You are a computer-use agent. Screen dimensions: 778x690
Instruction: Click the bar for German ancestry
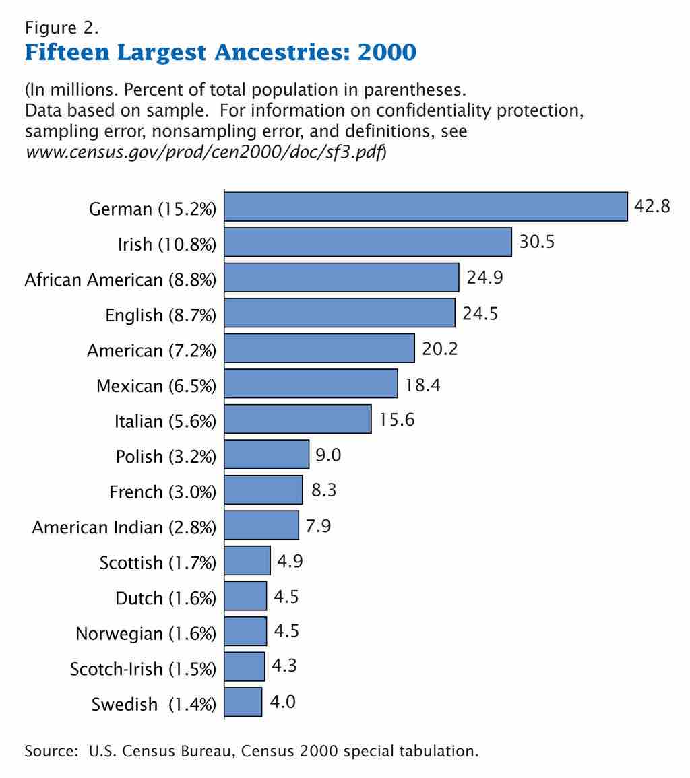tap(426, 206)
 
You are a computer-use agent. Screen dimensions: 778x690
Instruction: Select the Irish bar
tap(368, 242)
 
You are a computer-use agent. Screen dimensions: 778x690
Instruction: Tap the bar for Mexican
tap(311, 383)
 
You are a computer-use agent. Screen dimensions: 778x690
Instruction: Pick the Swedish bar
tap(243, 702)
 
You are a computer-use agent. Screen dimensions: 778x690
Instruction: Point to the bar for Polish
tap(267, 454)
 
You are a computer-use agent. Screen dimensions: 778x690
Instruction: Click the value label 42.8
tap(652, 206)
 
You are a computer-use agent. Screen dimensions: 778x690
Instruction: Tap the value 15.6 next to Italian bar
tap(396, 420)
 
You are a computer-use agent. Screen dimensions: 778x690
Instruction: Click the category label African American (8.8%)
tap(121, 280)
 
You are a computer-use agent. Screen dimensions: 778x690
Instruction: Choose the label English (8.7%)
tap(161, 315)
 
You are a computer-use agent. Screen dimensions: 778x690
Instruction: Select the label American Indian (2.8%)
tap(124, 527)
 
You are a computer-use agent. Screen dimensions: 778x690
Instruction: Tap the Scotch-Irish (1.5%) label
tap(143, 669)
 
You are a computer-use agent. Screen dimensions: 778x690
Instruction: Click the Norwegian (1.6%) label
tap(146, 634)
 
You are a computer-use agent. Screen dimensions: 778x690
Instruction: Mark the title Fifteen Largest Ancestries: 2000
tap(220, 52)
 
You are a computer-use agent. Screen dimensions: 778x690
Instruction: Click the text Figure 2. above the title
tap(62, 28)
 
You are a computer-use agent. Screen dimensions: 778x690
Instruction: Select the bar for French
tap(263, 490)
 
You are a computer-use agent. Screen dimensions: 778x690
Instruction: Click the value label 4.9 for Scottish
tap(290, 561)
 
